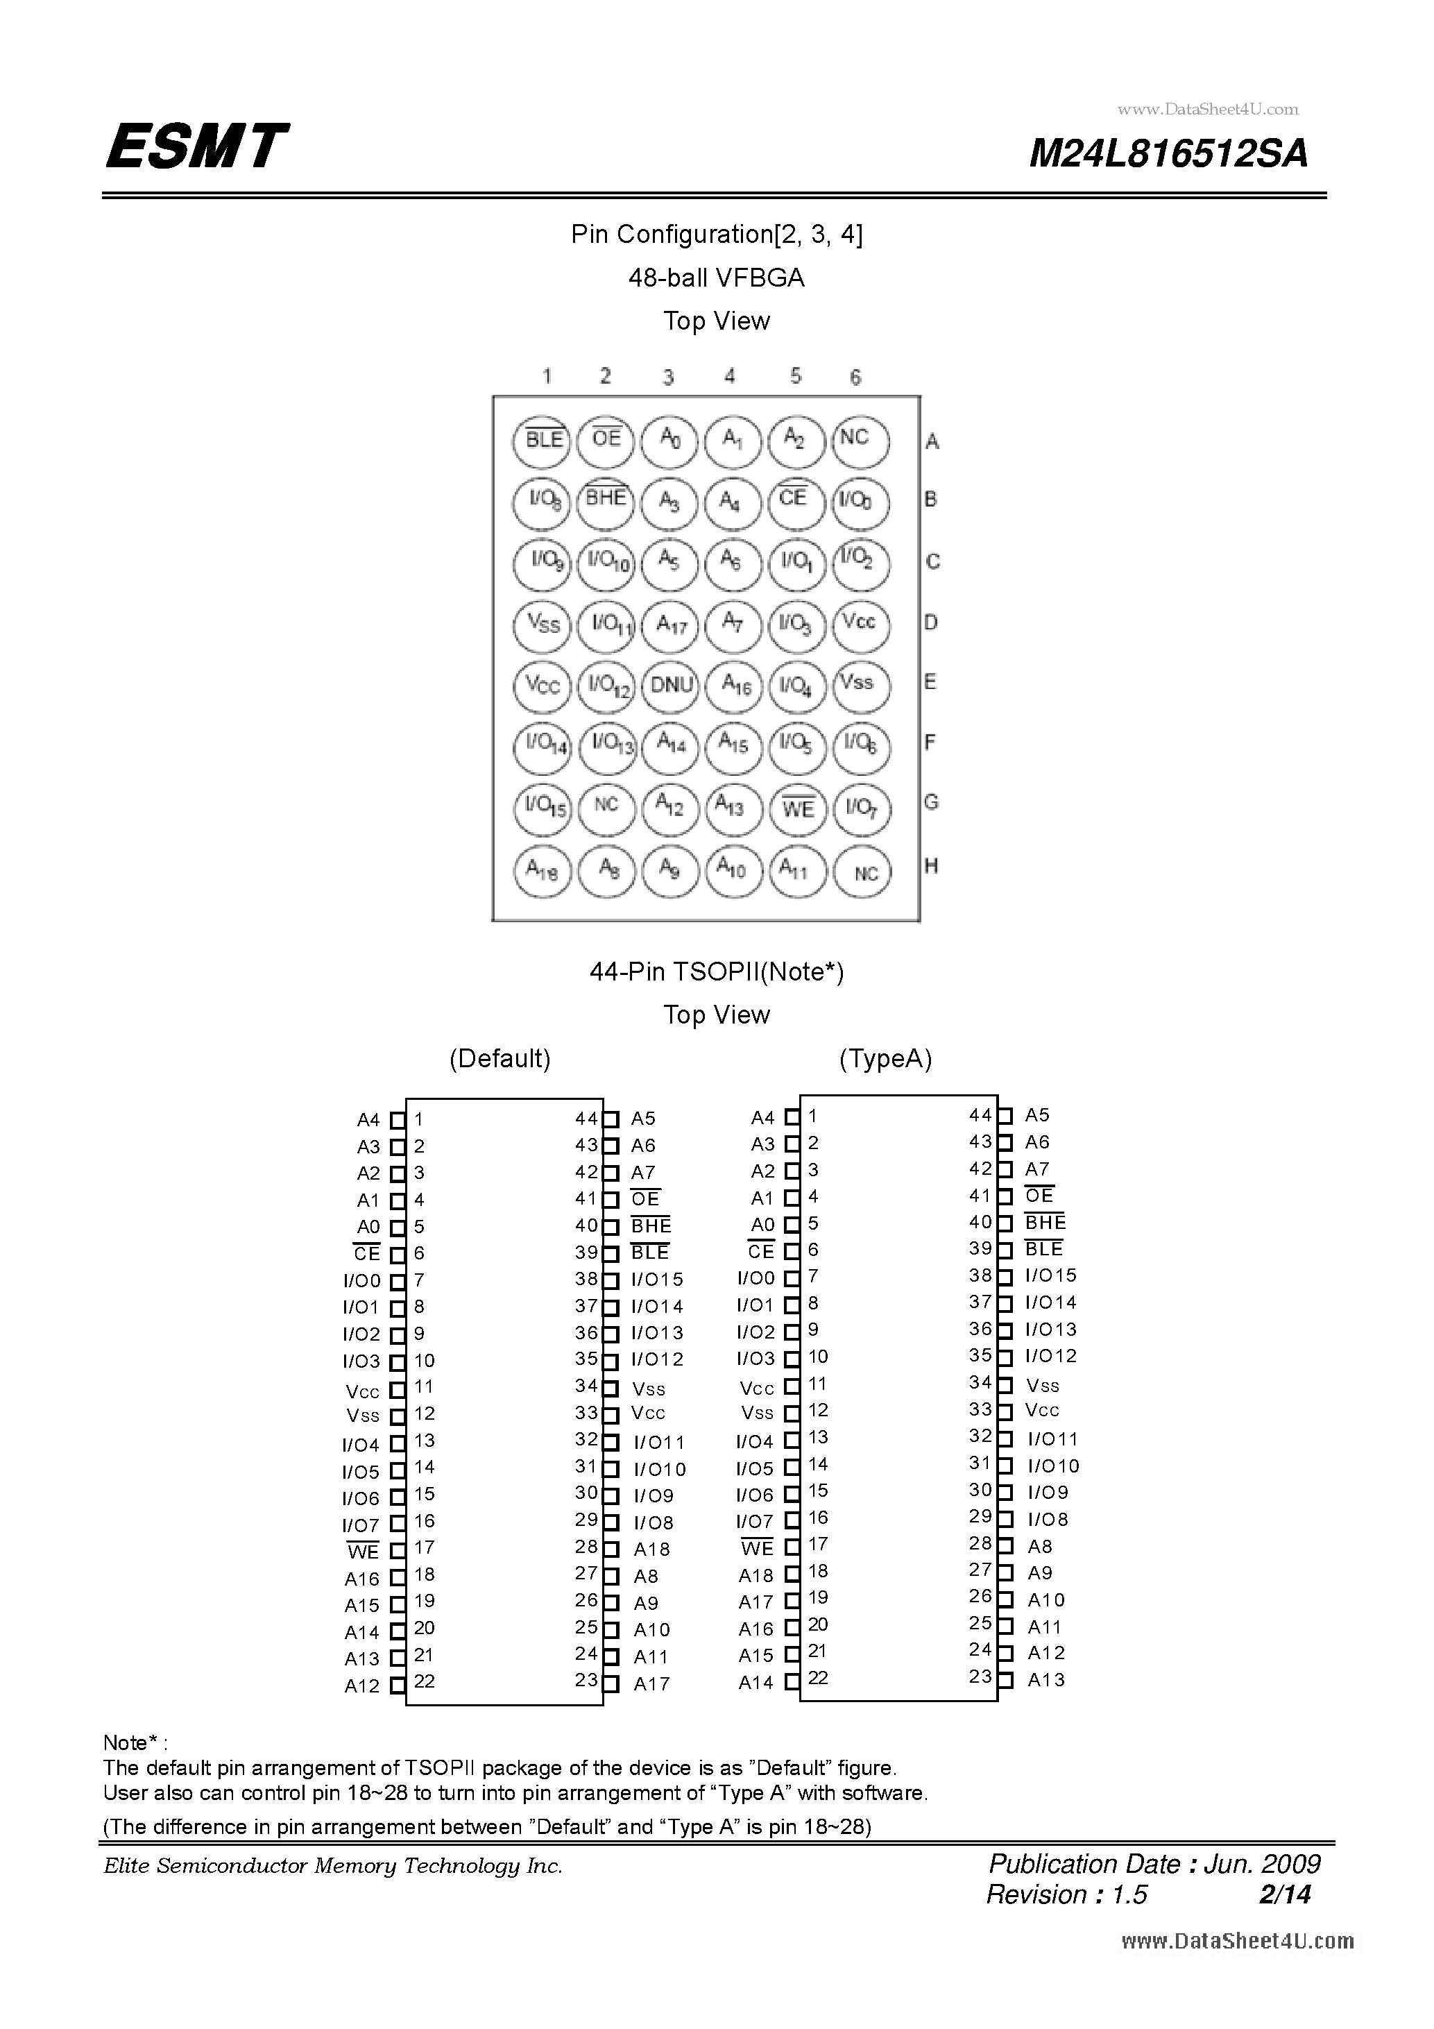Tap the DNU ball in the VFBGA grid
671,685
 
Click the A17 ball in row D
671,625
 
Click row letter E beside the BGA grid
930,682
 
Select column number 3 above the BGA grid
669,377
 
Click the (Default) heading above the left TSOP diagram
500,1059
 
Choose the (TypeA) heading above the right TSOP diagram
885,1059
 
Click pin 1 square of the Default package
398,1120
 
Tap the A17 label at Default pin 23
651,1684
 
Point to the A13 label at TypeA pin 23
1046,1680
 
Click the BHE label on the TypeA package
1045,1222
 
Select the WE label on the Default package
363,1552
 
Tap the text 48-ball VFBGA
717,278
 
